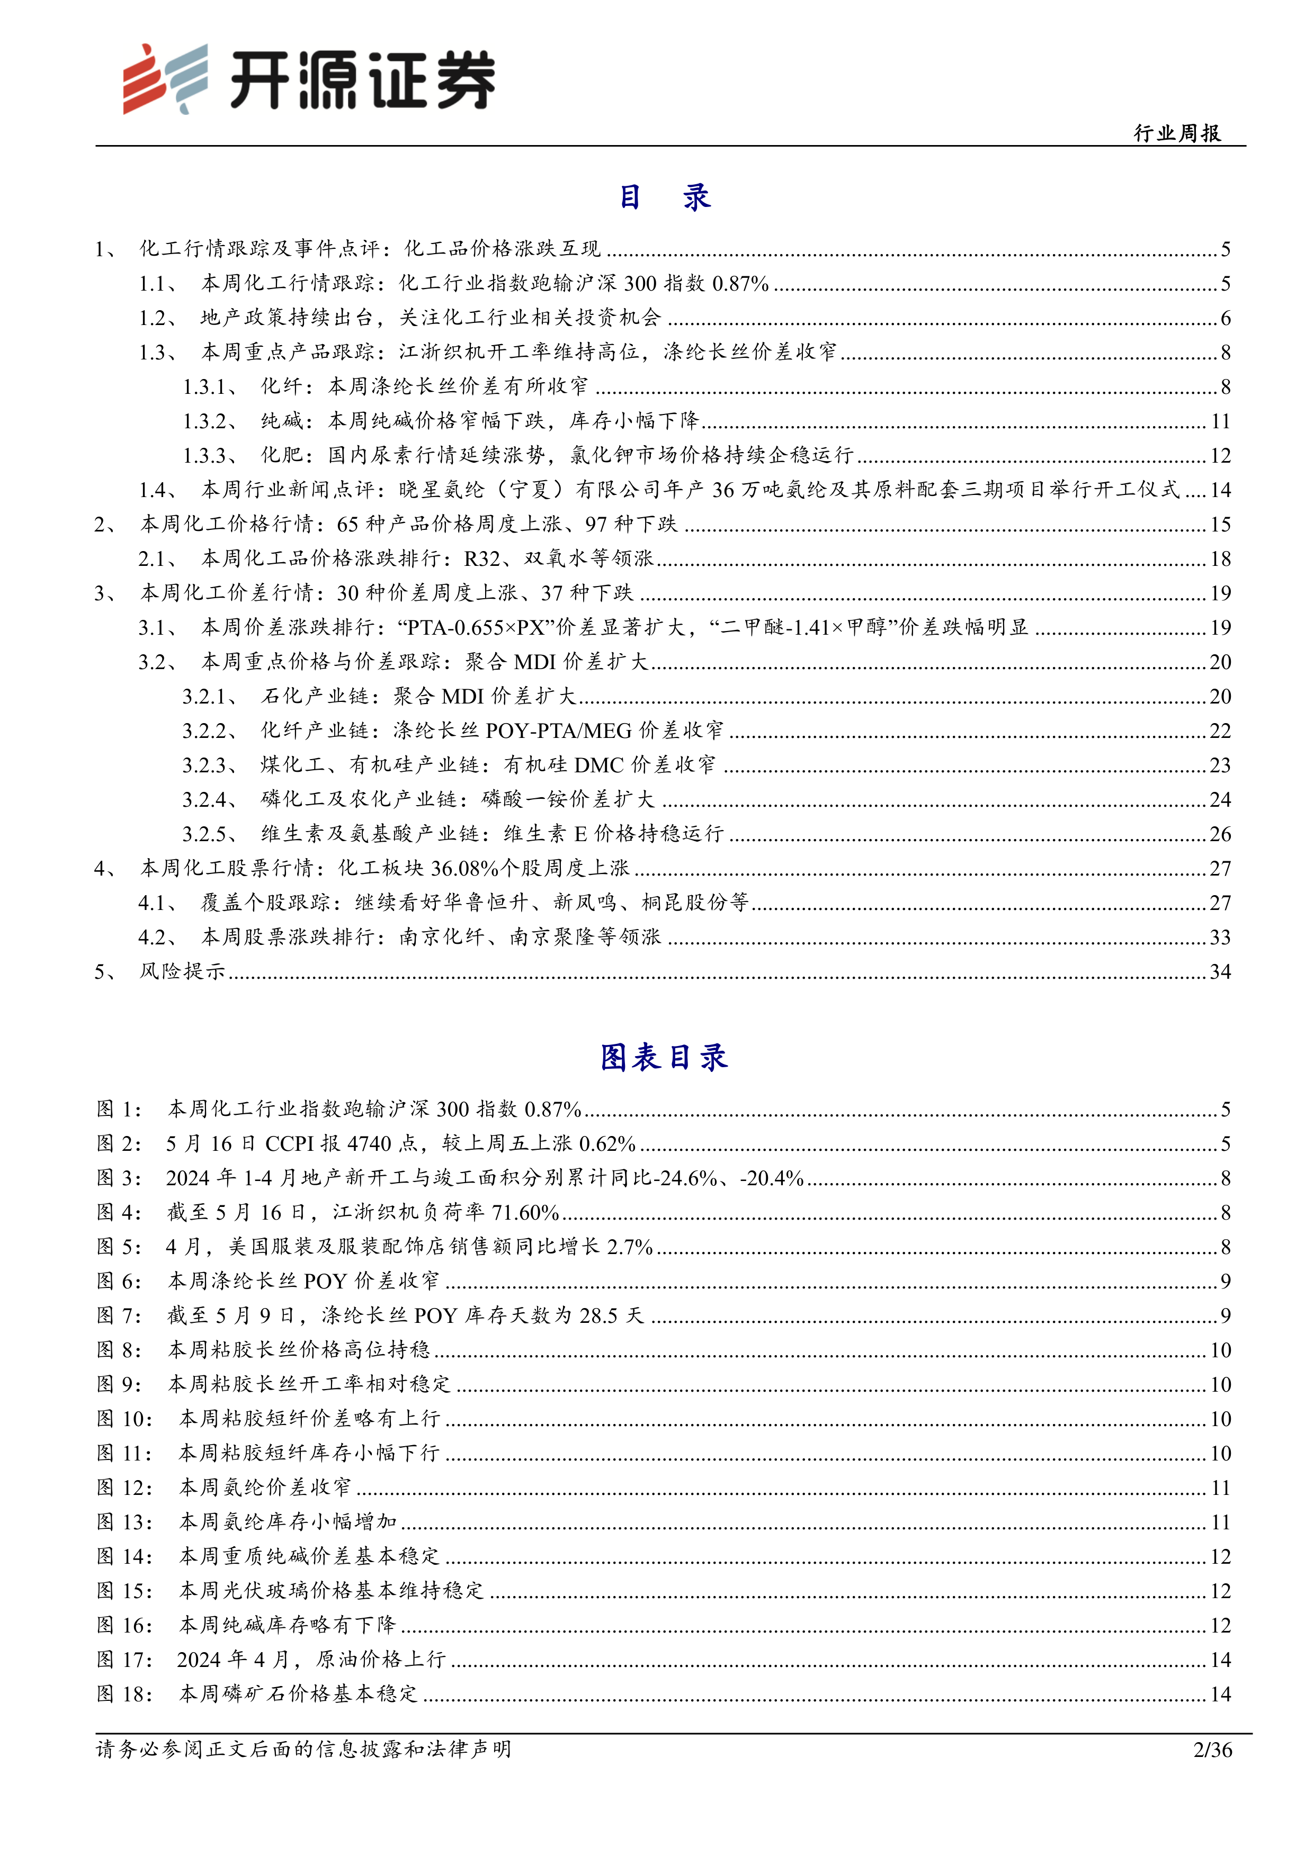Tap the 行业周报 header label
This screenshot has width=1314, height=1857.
(1177, 133)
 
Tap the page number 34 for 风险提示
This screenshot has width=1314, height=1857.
(1220, 971)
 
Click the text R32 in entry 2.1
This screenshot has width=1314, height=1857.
(482, 559)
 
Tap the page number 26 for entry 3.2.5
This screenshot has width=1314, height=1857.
(1220, 834)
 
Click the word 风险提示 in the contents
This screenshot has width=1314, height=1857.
(182, 971)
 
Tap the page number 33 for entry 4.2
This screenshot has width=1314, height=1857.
(1220, 937)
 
